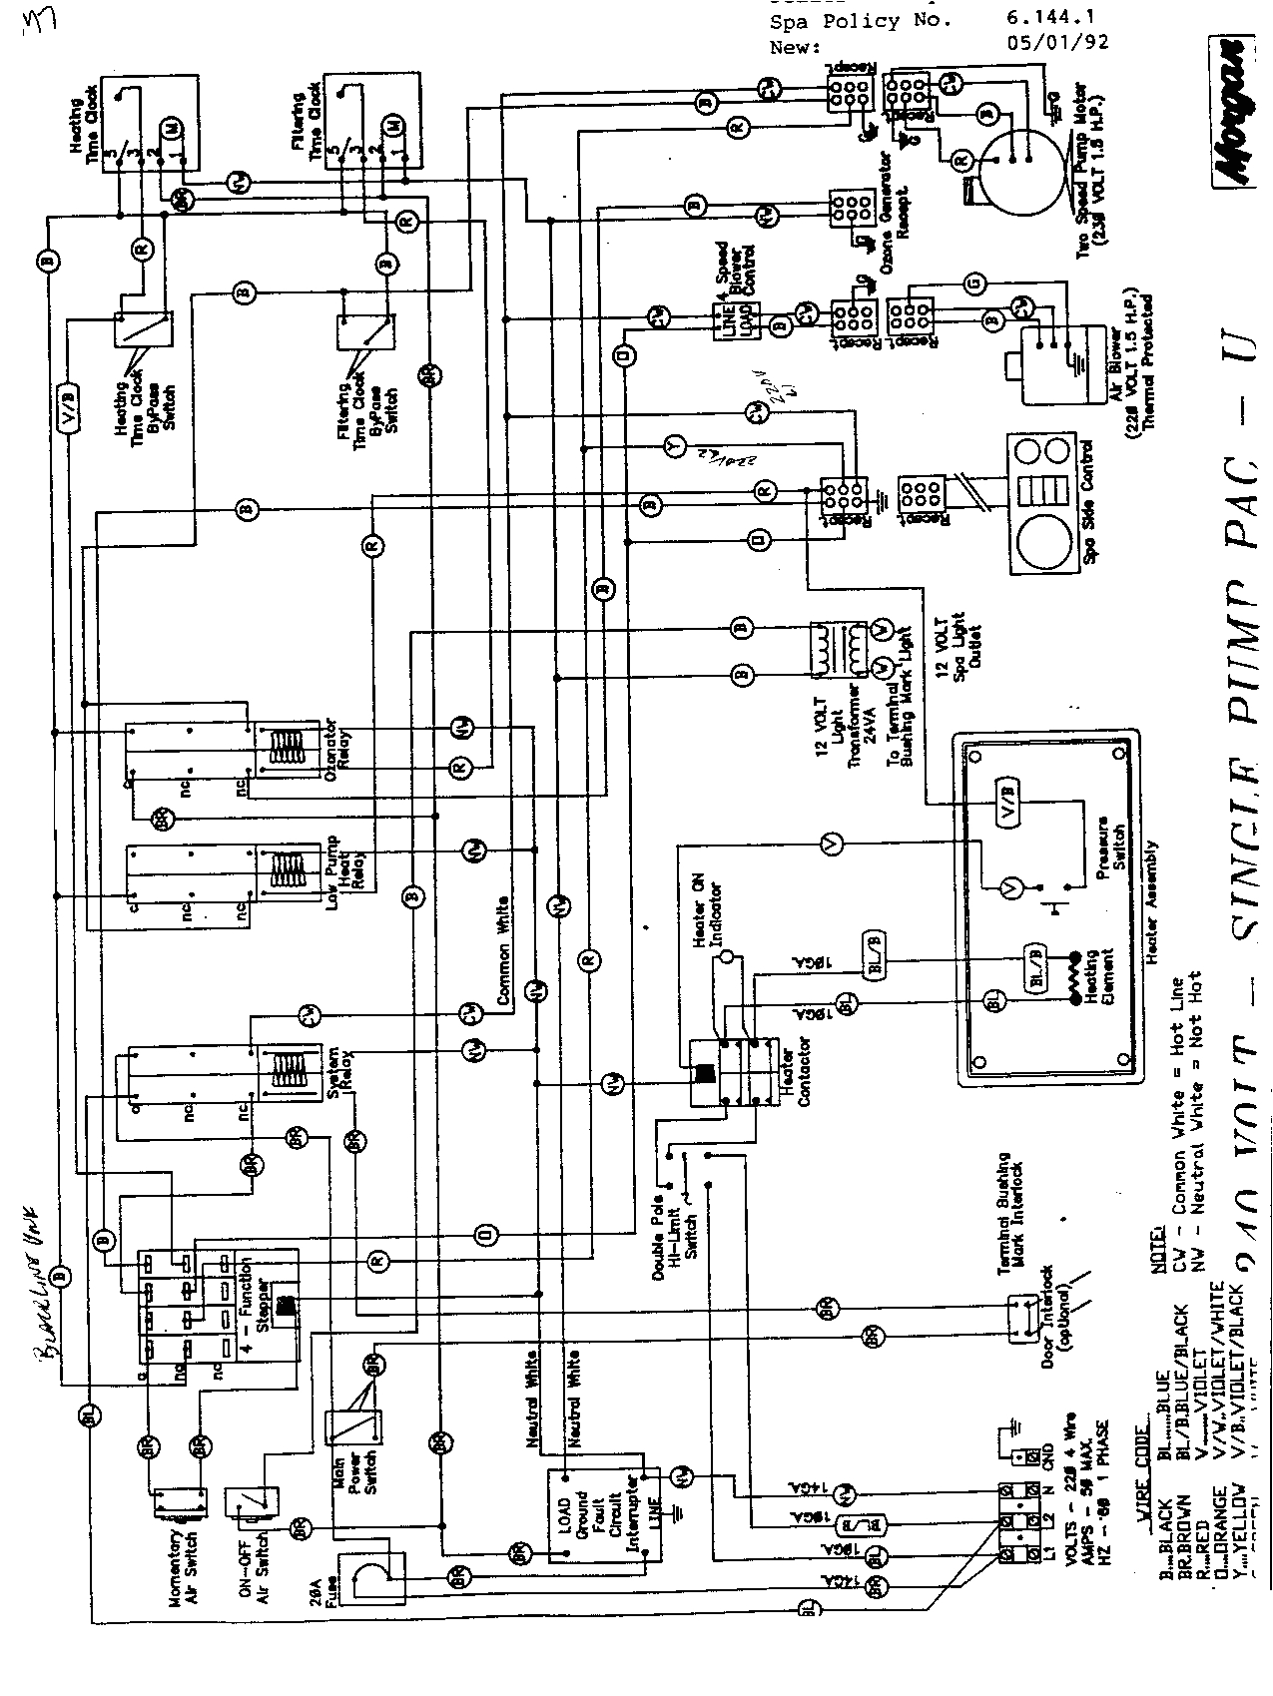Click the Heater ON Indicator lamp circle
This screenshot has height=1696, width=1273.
(x=726, y=958)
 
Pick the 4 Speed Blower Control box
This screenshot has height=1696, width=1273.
(x=726, y=319)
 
